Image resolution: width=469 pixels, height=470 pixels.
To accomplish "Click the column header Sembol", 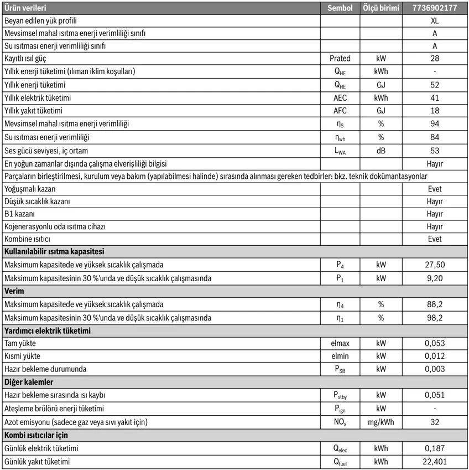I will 340,8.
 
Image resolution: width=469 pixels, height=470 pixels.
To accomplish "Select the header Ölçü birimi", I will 381,8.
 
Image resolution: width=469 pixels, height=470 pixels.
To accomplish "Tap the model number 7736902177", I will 434,8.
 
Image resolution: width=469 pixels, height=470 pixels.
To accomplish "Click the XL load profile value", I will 434,20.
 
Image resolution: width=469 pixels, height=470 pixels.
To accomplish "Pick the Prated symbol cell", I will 340,58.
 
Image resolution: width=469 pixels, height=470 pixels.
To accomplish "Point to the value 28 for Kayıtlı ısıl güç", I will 434,58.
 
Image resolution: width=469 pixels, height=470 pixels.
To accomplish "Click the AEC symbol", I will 340,97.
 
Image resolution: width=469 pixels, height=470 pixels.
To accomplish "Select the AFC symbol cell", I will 340,111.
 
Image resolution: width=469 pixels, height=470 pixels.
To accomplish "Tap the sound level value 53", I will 434,150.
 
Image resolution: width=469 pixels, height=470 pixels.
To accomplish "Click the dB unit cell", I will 381,150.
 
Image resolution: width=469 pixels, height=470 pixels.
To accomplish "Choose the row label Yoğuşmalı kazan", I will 38,189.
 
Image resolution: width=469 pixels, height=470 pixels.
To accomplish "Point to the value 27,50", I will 434,265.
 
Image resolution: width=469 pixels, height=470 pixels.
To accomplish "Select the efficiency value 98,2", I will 434,318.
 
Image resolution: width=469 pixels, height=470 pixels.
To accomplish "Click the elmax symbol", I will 340,343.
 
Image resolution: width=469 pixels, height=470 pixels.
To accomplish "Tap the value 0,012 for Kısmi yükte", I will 434,356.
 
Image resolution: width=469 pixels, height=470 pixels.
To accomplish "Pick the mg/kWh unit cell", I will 381,422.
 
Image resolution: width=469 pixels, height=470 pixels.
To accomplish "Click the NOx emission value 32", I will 434,422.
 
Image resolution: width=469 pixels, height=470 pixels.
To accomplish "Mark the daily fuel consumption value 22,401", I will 434,462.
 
